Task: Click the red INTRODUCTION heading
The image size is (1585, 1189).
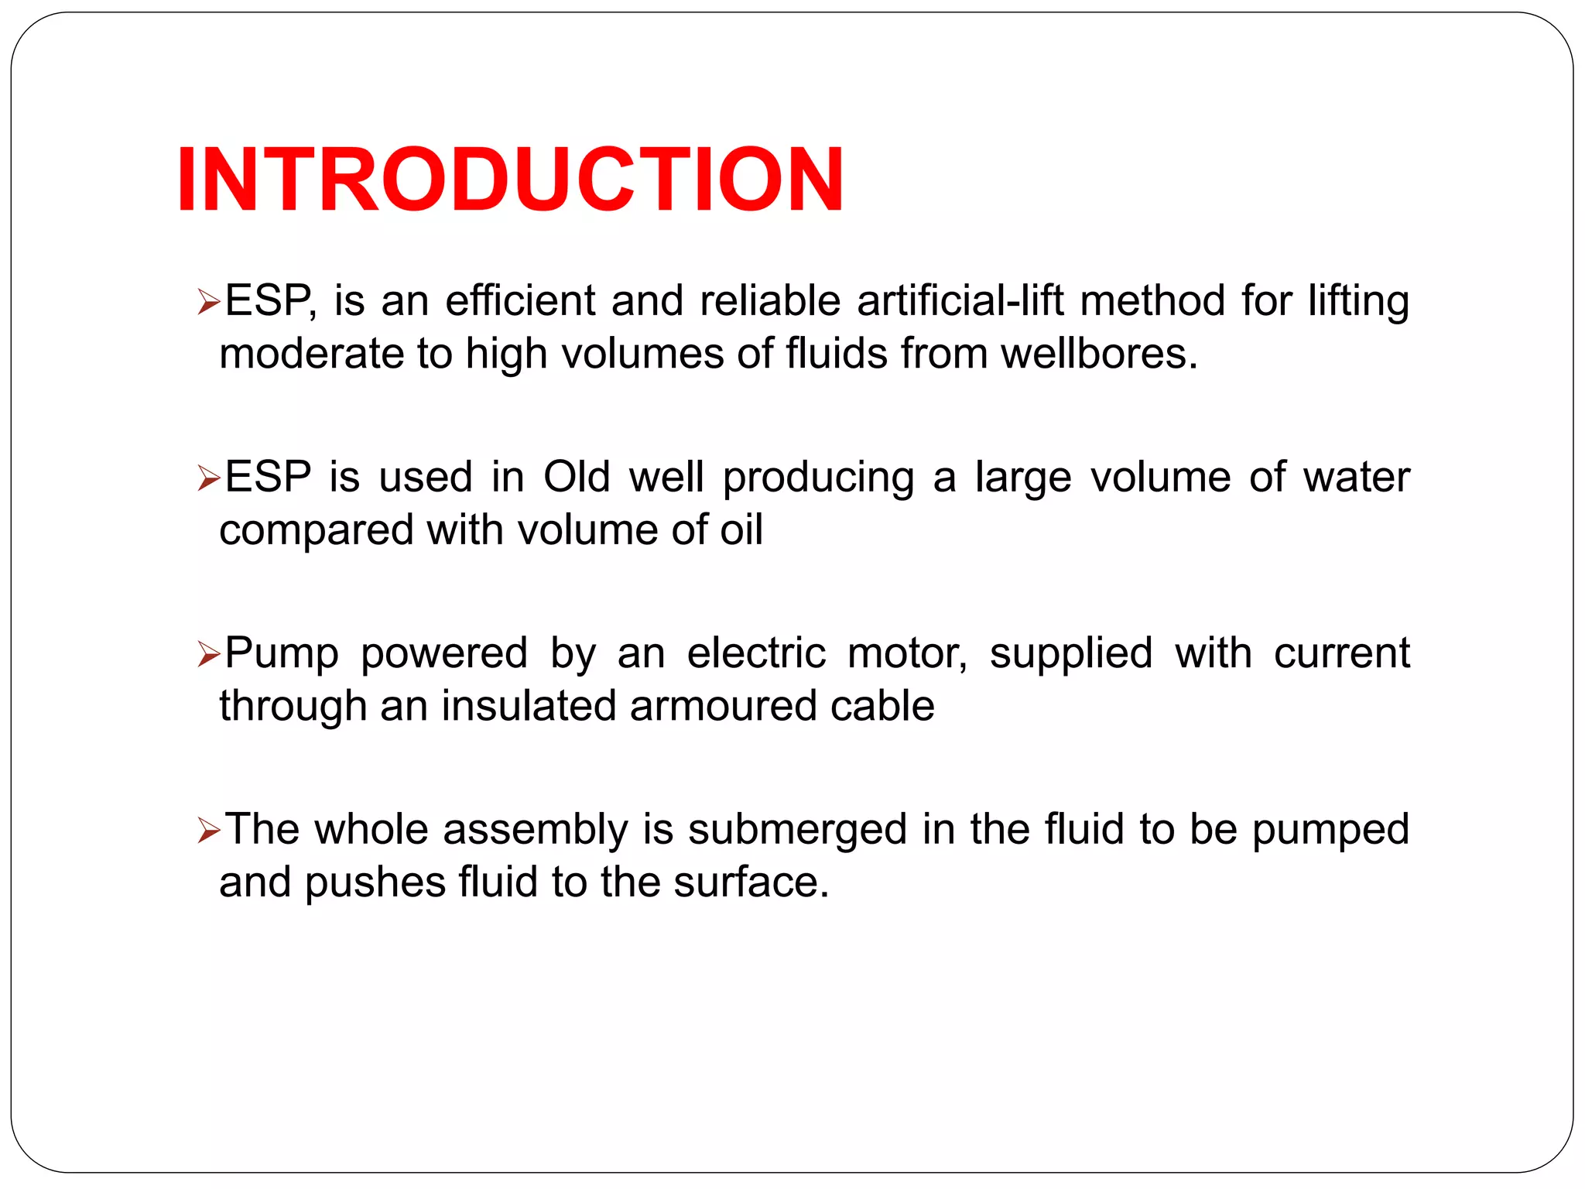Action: pyautogui.click(x=510, y=180)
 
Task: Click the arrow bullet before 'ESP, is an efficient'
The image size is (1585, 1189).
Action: pyautogui.click(x=209, y=301)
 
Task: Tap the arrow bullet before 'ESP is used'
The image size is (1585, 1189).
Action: pyautogui.click(x=209, y=478)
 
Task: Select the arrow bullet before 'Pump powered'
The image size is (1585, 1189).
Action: pyautogui.click(x=209, y=654)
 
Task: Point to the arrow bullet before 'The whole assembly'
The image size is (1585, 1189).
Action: pyautogui.click(x=209, y=831)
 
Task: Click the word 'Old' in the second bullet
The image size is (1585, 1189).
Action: pyautogui.click(x=577, y=477)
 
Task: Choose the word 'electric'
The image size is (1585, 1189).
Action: pyautogui.click(x=756, y=653)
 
